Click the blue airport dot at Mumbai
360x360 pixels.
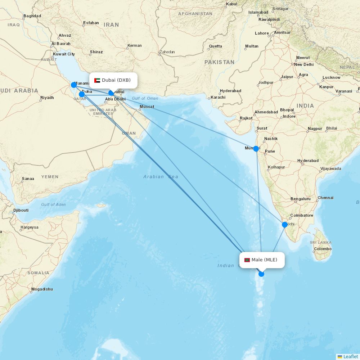tap(256, 149)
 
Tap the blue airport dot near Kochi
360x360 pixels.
tap(285, 225)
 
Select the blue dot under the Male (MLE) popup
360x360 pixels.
tap(261, 274)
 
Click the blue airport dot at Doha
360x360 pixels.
tap(82, 94)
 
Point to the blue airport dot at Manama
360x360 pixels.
tap(74, 85)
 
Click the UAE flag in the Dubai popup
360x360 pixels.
tap(97, 80)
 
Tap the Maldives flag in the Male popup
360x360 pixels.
tap(247, 260)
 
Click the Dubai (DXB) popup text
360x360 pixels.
tap(116, 80)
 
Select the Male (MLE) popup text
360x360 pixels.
tap(264, 260)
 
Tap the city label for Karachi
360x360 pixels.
tap(218, 97)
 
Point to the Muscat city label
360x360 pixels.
tap(147, 107)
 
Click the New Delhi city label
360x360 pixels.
tap(304, 64)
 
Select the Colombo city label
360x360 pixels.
tap(323, 249)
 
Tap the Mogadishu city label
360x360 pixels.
tap(42, 289)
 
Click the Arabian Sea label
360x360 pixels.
tap(161, 176)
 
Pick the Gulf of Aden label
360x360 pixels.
tap(53, 204)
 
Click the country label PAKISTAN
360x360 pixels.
tap(219, 62)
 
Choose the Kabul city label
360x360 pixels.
tap(231, 4)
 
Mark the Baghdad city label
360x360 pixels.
tap(32, 16)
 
